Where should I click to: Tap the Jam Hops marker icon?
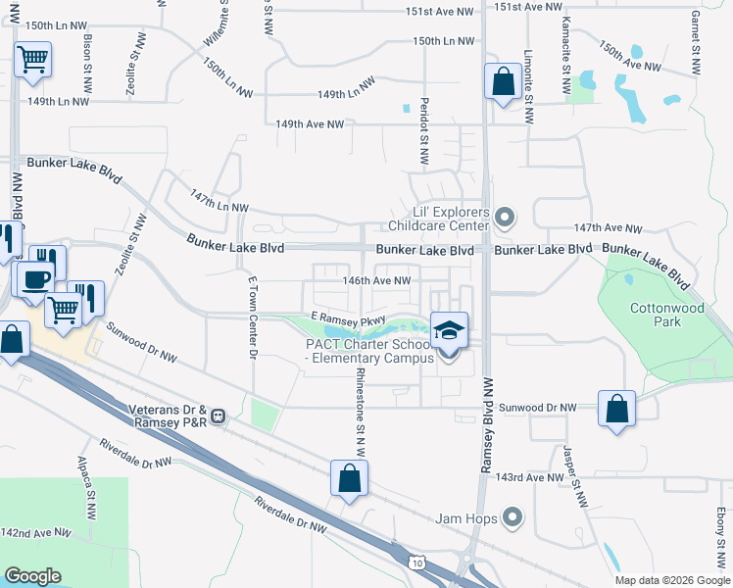[x=512, y=517]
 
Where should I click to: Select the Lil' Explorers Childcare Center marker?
[x=505, y=217]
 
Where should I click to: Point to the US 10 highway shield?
[x=417, y=562]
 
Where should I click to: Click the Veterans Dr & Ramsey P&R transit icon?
[x=220, y=416]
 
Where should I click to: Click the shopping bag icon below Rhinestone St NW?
[x=349, y=478]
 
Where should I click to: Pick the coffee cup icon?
[x=36, y=278]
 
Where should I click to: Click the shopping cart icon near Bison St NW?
[x=33, y=59]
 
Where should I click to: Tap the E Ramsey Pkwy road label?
[x=347, y=319]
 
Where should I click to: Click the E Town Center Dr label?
[x=253, y=315]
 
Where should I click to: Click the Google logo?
[x=33, y=576]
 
